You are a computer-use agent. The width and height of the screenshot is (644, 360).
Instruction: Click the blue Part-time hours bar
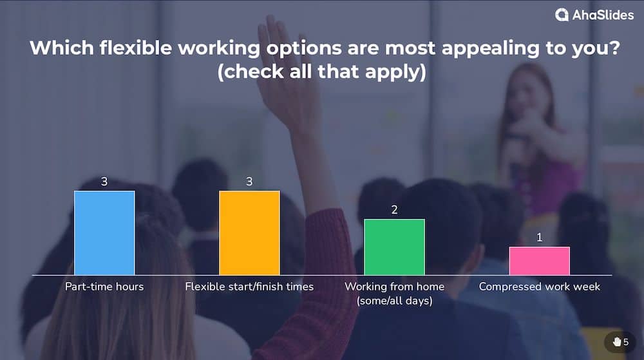click(104, 233)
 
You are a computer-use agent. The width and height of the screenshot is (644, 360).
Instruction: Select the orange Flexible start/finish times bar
click(249, 233)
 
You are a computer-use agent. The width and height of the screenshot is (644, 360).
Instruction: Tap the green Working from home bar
click(394, 247)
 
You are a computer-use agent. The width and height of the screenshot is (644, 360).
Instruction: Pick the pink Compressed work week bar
click(539, 261)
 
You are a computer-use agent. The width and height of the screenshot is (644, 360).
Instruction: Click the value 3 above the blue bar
click(104, 182)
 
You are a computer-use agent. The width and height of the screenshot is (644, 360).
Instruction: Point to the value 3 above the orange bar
click(249, 182)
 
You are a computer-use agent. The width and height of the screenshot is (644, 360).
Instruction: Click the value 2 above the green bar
click(394, 210)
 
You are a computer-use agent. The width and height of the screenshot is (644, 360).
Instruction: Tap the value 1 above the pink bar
click(539, 238)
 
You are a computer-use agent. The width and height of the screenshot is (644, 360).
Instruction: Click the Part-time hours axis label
click(104, 287)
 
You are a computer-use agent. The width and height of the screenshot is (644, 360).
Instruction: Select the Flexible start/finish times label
click(249, 287)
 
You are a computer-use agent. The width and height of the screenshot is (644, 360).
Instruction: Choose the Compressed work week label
click(539, 287)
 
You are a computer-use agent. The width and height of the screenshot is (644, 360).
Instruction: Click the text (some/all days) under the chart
click(394, 300)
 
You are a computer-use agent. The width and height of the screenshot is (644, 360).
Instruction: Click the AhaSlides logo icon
click(562, 15)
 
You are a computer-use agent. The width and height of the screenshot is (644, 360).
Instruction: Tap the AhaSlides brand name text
click(603, 15)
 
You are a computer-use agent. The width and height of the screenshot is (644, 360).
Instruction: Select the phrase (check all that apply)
click(321, 72)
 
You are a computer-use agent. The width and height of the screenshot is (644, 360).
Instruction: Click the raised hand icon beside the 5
click(616, 341)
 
